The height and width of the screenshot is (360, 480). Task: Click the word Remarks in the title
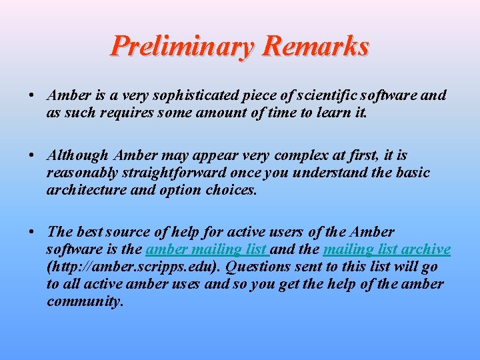click(x=315, y=47)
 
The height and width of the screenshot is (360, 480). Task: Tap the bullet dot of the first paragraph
click(x=32, y=95)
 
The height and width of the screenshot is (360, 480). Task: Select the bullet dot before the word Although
click(x=32, y=155)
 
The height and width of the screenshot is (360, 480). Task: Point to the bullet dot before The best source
click(x=32, y=232)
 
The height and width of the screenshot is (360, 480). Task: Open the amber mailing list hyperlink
click(x=207, y=249)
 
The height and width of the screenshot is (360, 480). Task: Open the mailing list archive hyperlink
click(x=387, y=249)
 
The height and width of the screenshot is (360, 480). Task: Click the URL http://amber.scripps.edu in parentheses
click(x=133, y=267)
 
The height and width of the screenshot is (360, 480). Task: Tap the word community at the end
click(x=84, y=301)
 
